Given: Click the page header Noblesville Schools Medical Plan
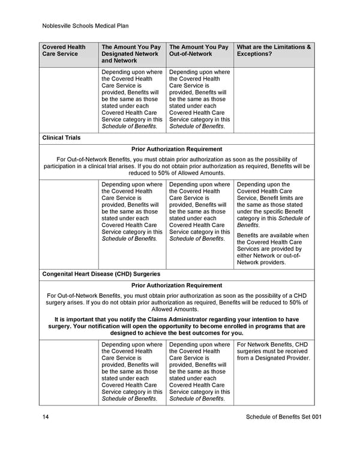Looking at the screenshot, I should [86, 26].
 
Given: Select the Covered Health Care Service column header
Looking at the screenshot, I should [64, 50].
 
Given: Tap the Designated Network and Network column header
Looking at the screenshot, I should [131, 54].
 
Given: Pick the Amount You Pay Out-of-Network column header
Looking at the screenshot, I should [199, 50].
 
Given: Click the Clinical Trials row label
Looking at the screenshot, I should [61, 138].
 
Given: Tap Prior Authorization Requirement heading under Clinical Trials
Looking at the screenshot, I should [176, 149].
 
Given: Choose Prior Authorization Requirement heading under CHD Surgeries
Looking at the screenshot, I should [176, 285].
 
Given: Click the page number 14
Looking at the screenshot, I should [46, 417].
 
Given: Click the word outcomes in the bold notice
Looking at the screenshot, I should [202, 333].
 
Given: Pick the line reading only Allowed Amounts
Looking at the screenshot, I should [176, 309].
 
